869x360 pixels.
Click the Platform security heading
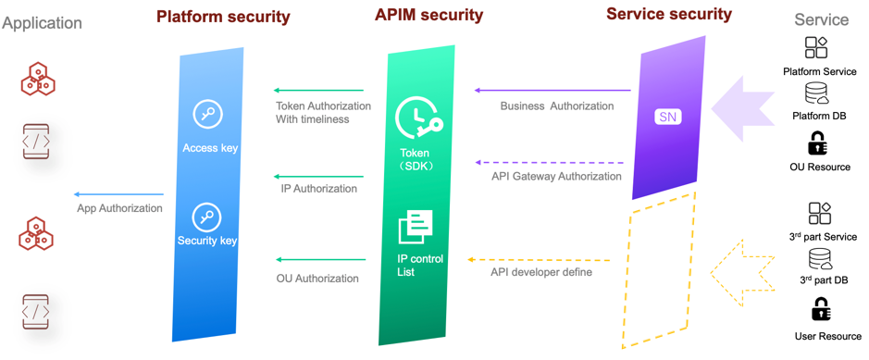pos(223,17)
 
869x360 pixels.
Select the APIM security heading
pos(428,15)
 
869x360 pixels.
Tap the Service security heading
pos(668,14)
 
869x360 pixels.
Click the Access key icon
pos(207,114)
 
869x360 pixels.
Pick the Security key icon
pos(206,217)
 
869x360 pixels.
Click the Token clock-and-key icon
pos(418,118)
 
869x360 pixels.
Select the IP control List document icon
pos(416,227)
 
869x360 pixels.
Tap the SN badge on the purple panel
pos(667,117)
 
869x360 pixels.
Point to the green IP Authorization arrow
pos(318,175)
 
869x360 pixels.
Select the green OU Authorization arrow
pos(318,260)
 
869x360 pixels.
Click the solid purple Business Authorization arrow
pos(552,91)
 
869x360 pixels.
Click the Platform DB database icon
pos(816,93)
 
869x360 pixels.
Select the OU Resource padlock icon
pos(817,143)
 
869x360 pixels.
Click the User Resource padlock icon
pos(820,310)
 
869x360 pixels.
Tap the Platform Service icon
pos(816,47)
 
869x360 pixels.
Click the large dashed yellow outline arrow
pos(742,272)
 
